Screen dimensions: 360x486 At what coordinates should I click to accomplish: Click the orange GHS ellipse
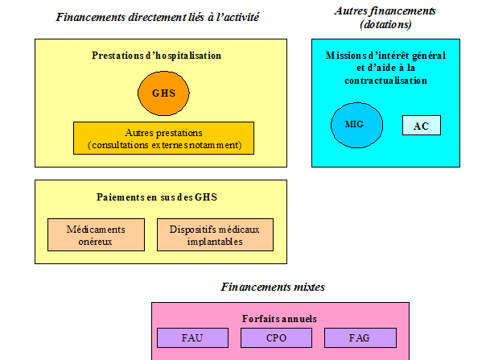click(163, 93)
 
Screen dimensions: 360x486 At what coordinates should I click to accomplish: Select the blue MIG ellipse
click(355, 124)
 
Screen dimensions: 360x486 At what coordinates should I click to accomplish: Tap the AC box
click(421, 126)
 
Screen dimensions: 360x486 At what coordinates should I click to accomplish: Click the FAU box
click(192, 337)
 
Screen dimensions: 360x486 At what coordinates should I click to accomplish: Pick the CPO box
click(275, 337)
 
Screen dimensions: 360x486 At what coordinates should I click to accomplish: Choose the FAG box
click(360, 337)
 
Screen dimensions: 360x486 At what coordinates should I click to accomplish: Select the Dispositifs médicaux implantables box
click(215, 234)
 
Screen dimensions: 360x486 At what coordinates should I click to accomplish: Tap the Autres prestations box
click(163, 138)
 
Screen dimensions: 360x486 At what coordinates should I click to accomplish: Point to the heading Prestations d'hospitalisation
click(156, 56)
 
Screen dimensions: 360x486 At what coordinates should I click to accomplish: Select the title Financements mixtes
click(272, 286)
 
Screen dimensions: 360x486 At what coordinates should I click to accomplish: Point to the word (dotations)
click(384, 24)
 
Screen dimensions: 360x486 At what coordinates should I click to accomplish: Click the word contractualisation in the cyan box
click(385, 81)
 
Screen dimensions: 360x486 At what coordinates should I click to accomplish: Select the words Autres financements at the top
click(385, 10)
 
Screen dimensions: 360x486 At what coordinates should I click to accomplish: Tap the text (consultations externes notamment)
click(163, 145)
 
